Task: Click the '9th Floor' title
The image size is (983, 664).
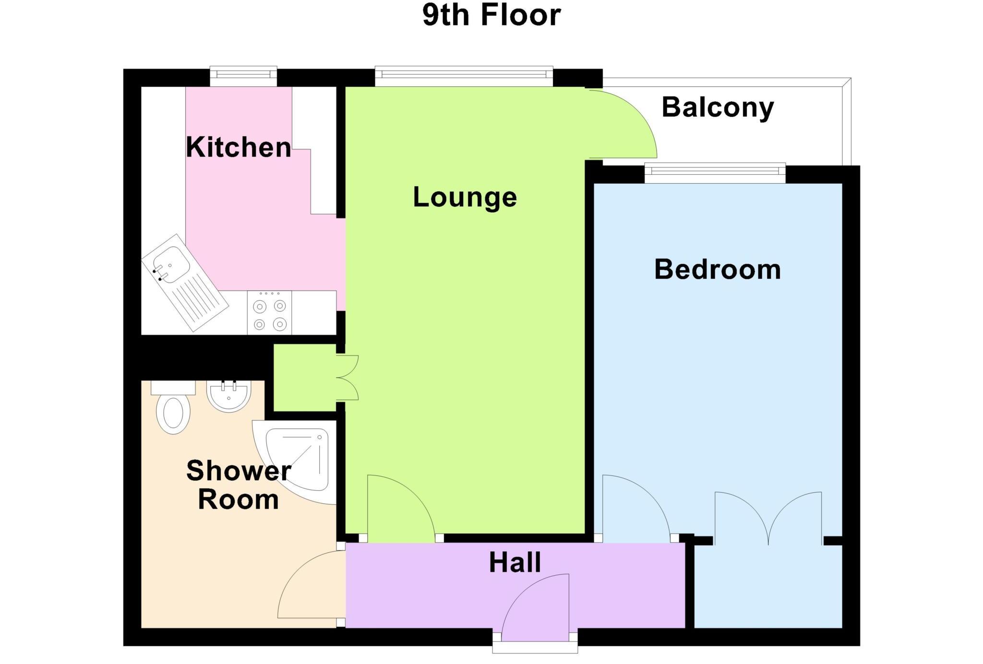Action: (491, 15)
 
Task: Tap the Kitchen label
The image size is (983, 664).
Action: (239, 147)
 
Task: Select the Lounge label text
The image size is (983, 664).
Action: (465, 197)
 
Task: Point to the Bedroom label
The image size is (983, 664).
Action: (717, 270)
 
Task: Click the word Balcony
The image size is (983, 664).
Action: (718, 107)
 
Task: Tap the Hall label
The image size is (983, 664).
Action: (515, 563)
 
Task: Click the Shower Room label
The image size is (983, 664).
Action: (239, 485)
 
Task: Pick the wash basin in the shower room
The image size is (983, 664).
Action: (228, 396)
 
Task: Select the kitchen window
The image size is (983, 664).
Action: (243, 75)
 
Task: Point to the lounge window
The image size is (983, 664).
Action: (463, 75)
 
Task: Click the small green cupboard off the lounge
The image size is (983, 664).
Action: (304, 378)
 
